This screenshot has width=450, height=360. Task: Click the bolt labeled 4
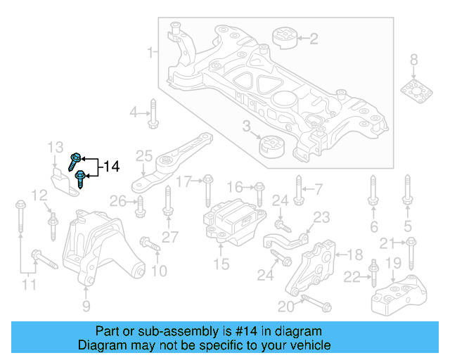pyautogui.click(x=153, y=115)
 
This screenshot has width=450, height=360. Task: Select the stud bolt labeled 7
pyautogui.click(x=298, y=190)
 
